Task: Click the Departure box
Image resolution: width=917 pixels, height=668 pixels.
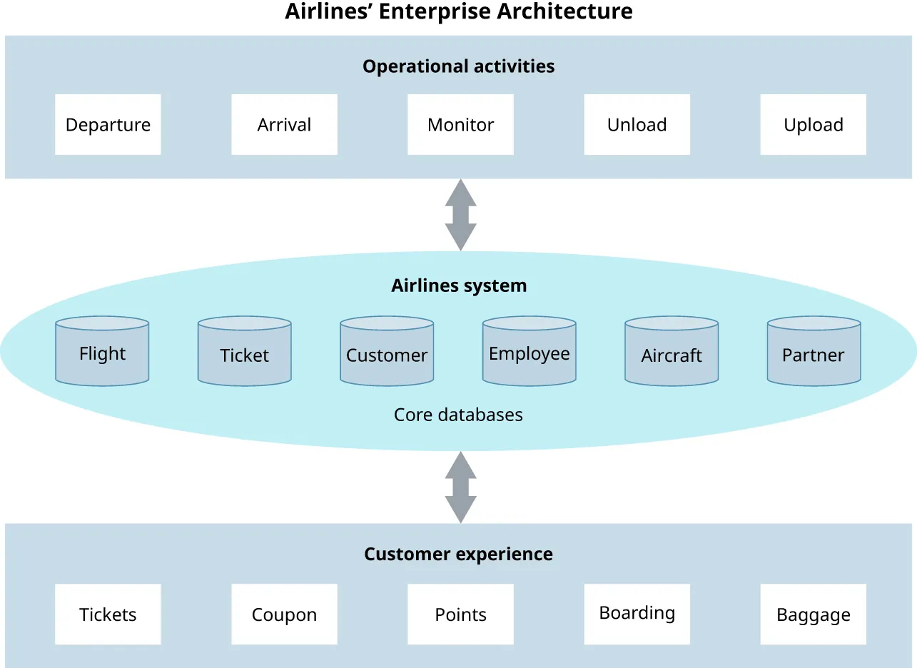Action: [x=108, y=125]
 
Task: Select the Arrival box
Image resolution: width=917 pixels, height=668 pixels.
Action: [x=284, y=125]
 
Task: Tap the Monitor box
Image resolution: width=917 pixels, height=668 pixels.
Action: [x=460, y=125]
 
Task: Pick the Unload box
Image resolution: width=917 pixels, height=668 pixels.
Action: [x=637, y=125]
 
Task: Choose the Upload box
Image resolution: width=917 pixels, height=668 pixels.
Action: [x=813, y=125]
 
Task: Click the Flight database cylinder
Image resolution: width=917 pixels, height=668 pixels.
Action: [x=102, y=352]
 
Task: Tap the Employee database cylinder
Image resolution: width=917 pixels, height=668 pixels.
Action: [x=529, y=352]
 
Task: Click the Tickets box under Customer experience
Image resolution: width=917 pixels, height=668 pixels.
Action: [x=108, y=614]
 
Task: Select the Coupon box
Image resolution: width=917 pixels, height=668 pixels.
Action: [x=284, y=614]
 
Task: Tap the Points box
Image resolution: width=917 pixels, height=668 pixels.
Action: [x=460, y=614]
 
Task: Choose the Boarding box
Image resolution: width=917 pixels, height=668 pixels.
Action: [x=637, y=614]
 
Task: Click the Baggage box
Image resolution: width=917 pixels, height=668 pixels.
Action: [x=813, y=614]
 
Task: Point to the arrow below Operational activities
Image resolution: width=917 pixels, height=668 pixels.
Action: [x=460, y=214]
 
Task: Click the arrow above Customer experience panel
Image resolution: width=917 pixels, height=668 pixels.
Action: [x=460, y=487]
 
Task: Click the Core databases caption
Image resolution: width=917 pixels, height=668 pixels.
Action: [x=458, y=415]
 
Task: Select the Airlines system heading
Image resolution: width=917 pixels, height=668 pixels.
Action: [x=459, y=285]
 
